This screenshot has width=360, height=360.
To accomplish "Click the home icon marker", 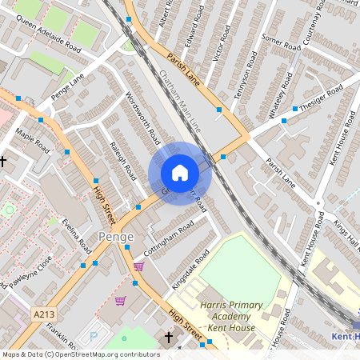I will (180, 173).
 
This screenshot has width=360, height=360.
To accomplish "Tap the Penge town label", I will (116, 237).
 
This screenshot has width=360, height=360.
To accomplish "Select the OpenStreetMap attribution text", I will (80, 354).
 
